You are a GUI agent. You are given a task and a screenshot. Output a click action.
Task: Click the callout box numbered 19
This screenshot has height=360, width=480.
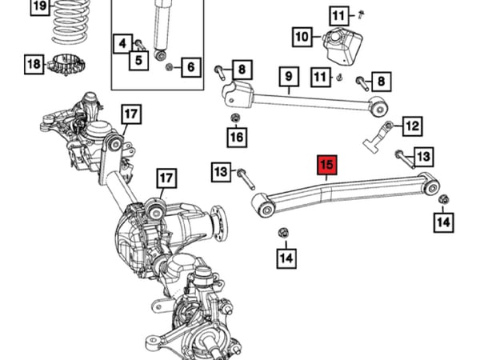[x=38, y=8]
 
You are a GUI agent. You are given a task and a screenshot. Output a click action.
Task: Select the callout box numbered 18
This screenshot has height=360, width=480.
[x=33, y=63]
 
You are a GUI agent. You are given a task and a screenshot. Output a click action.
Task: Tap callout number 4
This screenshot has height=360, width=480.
[x=122, y=42]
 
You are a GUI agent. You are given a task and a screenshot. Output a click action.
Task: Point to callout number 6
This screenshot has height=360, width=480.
[x=190, y=68]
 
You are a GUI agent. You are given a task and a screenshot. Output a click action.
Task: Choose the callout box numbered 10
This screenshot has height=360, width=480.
[x=302, y=37]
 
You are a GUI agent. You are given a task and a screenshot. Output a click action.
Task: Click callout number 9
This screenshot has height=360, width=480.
[x=287, y=78]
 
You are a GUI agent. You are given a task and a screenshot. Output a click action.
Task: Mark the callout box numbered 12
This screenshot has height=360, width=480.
[x=411, y=126]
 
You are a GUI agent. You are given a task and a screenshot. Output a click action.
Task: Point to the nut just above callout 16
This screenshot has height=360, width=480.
[x=235, y=120]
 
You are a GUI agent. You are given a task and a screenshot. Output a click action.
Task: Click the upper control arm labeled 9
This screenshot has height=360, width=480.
[x=304, y=98]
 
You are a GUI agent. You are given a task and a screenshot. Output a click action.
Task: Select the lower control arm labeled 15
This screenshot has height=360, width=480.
[x=344, y=192]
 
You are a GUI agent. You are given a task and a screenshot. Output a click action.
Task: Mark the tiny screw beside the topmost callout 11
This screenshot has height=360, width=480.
[x=361, y=14]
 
